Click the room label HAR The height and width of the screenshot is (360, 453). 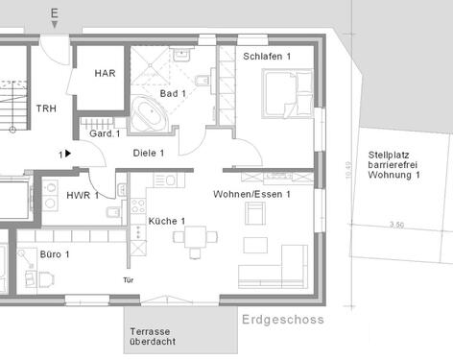(x=105, y=73)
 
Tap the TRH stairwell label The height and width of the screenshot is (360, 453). (x=47, y=109)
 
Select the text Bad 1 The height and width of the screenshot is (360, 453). (x=173, y=93)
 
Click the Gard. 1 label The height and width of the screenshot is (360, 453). (x=104, y=133)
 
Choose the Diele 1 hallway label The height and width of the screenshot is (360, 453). (x=149, y=153)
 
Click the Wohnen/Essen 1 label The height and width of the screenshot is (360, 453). (x=250, y=194)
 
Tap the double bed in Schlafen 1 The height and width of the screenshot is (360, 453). (x=285, y=96)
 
